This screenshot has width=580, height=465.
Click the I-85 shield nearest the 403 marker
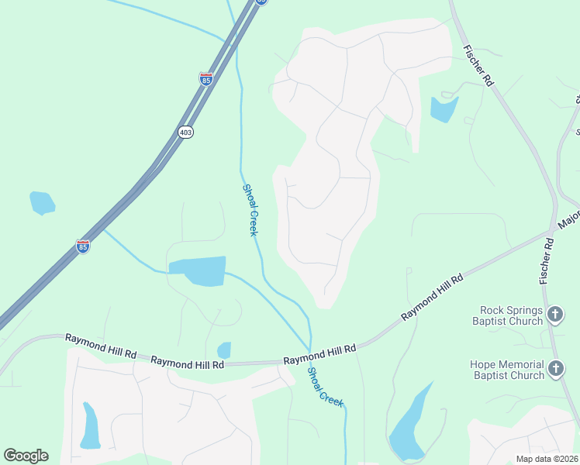point(205,79)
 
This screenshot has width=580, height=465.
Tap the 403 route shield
point(185,133)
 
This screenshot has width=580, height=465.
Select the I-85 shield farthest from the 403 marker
point(83,246)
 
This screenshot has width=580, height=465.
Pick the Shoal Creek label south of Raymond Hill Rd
point(325,387)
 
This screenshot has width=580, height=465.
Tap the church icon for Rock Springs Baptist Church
point(555,315)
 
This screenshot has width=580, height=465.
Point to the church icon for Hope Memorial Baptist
point(555,369)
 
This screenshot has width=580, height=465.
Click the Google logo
point(26,456)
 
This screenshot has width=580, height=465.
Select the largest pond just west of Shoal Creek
point(199,270)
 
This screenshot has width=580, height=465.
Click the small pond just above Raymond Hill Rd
point(224,350)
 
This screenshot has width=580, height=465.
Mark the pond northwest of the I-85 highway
point(42,202)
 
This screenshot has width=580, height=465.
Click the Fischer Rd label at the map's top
point(477,65)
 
